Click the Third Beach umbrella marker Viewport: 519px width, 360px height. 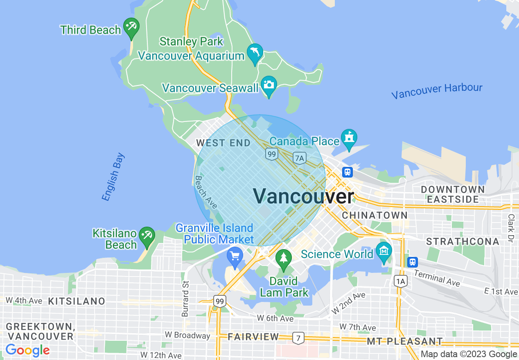point(131,27)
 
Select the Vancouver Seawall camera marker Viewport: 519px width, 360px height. point(269,85)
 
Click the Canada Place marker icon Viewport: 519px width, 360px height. point(349,138)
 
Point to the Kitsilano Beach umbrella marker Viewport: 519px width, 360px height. point(147,236)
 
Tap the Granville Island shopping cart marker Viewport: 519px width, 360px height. point(235,256)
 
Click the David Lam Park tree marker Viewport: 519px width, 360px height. point(283,259)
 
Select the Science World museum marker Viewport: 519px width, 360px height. point(384,251)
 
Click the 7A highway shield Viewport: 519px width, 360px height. point(300,158)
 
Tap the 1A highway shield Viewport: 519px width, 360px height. point(401,281)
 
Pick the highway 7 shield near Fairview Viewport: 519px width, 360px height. point(298,337)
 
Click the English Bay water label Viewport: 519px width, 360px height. point(113,177)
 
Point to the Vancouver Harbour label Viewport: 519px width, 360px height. point(437,91)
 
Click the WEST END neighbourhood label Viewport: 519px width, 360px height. point(223,143)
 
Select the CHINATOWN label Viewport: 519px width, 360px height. point(375,215)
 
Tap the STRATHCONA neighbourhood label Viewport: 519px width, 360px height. point(463,241)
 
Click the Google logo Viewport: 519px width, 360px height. point(27,350)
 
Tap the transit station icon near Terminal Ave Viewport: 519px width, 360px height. point(413,261)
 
